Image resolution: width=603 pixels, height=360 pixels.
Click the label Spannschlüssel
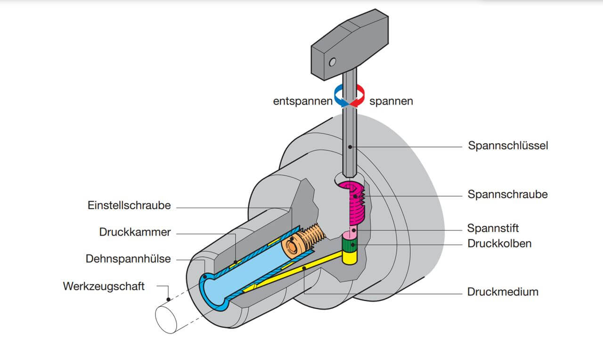tap(508, 146)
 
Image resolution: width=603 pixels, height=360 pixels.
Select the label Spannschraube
tap(507, 194)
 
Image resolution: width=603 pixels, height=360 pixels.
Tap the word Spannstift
tap(493, 229)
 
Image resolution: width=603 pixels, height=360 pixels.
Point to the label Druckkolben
tap(499, 244)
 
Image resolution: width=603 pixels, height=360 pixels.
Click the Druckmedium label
tap(503, 292)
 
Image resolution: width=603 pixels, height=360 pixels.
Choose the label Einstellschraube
tap(129, 205)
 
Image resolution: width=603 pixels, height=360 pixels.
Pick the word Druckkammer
tap(135, 232)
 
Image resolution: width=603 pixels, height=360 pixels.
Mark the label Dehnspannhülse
tap(128, 259)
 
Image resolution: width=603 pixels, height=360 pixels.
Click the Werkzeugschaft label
tap(104, 286)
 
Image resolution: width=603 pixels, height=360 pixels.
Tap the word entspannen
tap(302, 101)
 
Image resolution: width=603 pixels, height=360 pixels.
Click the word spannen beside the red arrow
tap(391, 101)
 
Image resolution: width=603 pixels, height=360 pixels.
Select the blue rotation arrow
tap(340, 96)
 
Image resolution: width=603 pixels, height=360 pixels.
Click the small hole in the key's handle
tap(333, 62)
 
